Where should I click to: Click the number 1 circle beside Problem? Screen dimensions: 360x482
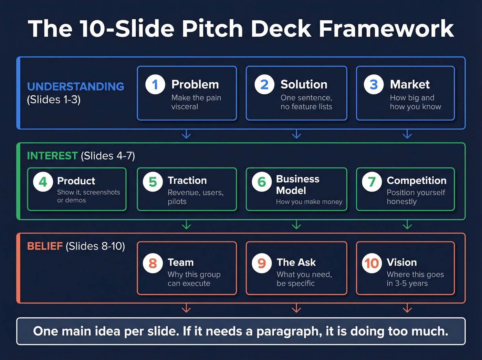155,84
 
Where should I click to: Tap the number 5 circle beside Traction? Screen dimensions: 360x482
153,182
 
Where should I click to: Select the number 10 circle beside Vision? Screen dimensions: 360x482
372,263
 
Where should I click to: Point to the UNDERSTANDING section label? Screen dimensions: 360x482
76,86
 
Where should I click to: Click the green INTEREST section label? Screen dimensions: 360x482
52,156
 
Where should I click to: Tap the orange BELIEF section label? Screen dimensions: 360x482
45,246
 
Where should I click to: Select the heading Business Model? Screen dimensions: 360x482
297,185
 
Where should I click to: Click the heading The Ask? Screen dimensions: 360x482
296,262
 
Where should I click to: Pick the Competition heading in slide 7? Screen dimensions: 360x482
416,181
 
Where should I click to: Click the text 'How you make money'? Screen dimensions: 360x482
309,202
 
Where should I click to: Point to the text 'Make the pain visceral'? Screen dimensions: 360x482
196,102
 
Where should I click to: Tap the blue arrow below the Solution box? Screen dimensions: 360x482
296,134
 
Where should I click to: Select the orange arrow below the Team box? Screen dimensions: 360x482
186,308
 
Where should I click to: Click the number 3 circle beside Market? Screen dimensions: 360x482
374,84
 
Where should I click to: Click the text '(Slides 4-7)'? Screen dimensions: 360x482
108,156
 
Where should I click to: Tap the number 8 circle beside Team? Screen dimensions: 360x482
153,263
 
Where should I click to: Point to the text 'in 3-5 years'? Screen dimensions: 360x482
407,283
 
